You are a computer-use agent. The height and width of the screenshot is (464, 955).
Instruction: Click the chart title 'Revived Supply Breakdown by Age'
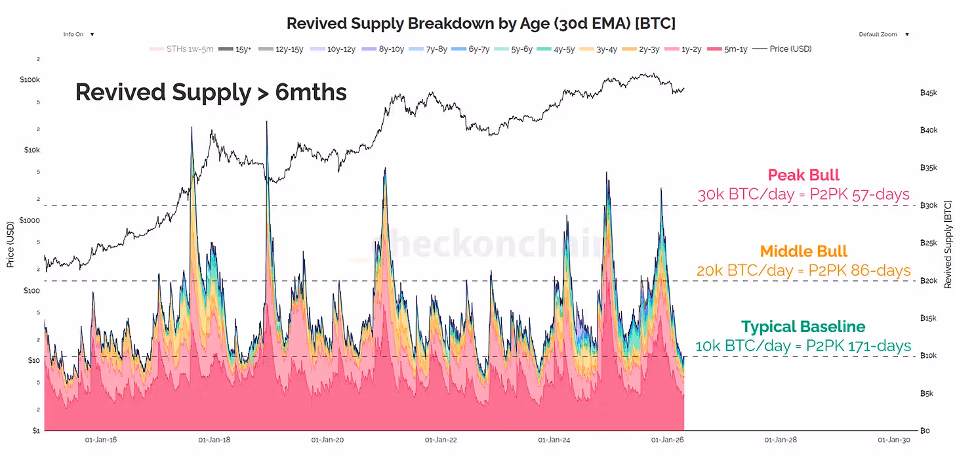(x=481, y=24)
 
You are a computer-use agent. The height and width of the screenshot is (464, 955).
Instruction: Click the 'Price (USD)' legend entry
(x=784, y=49)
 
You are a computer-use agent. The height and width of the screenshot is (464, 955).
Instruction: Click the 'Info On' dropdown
(x=78, y=34)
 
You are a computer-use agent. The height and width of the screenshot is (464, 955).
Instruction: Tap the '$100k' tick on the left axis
(x=30, y=80)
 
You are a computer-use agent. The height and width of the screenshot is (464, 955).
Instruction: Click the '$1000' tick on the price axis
(x=30, y=220)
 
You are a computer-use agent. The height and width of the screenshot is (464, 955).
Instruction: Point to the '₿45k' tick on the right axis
(x=929, y=93)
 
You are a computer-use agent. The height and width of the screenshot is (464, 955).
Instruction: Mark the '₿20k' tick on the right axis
(x=929, y=281)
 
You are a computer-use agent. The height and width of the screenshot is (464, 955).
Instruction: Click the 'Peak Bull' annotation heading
(x=803, y=175)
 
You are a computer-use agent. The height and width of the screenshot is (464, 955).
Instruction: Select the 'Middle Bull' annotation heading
(x=803, y=251)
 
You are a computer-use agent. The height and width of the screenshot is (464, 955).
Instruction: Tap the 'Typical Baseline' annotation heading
(x=803, y=327)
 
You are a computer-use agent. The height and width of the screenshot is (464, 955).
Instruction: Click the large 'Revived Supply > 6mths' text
(x=211, y=93)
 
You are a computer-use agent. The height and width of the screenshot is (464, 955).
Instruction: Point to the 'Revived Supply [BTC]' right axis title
(x=947, y=245)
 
